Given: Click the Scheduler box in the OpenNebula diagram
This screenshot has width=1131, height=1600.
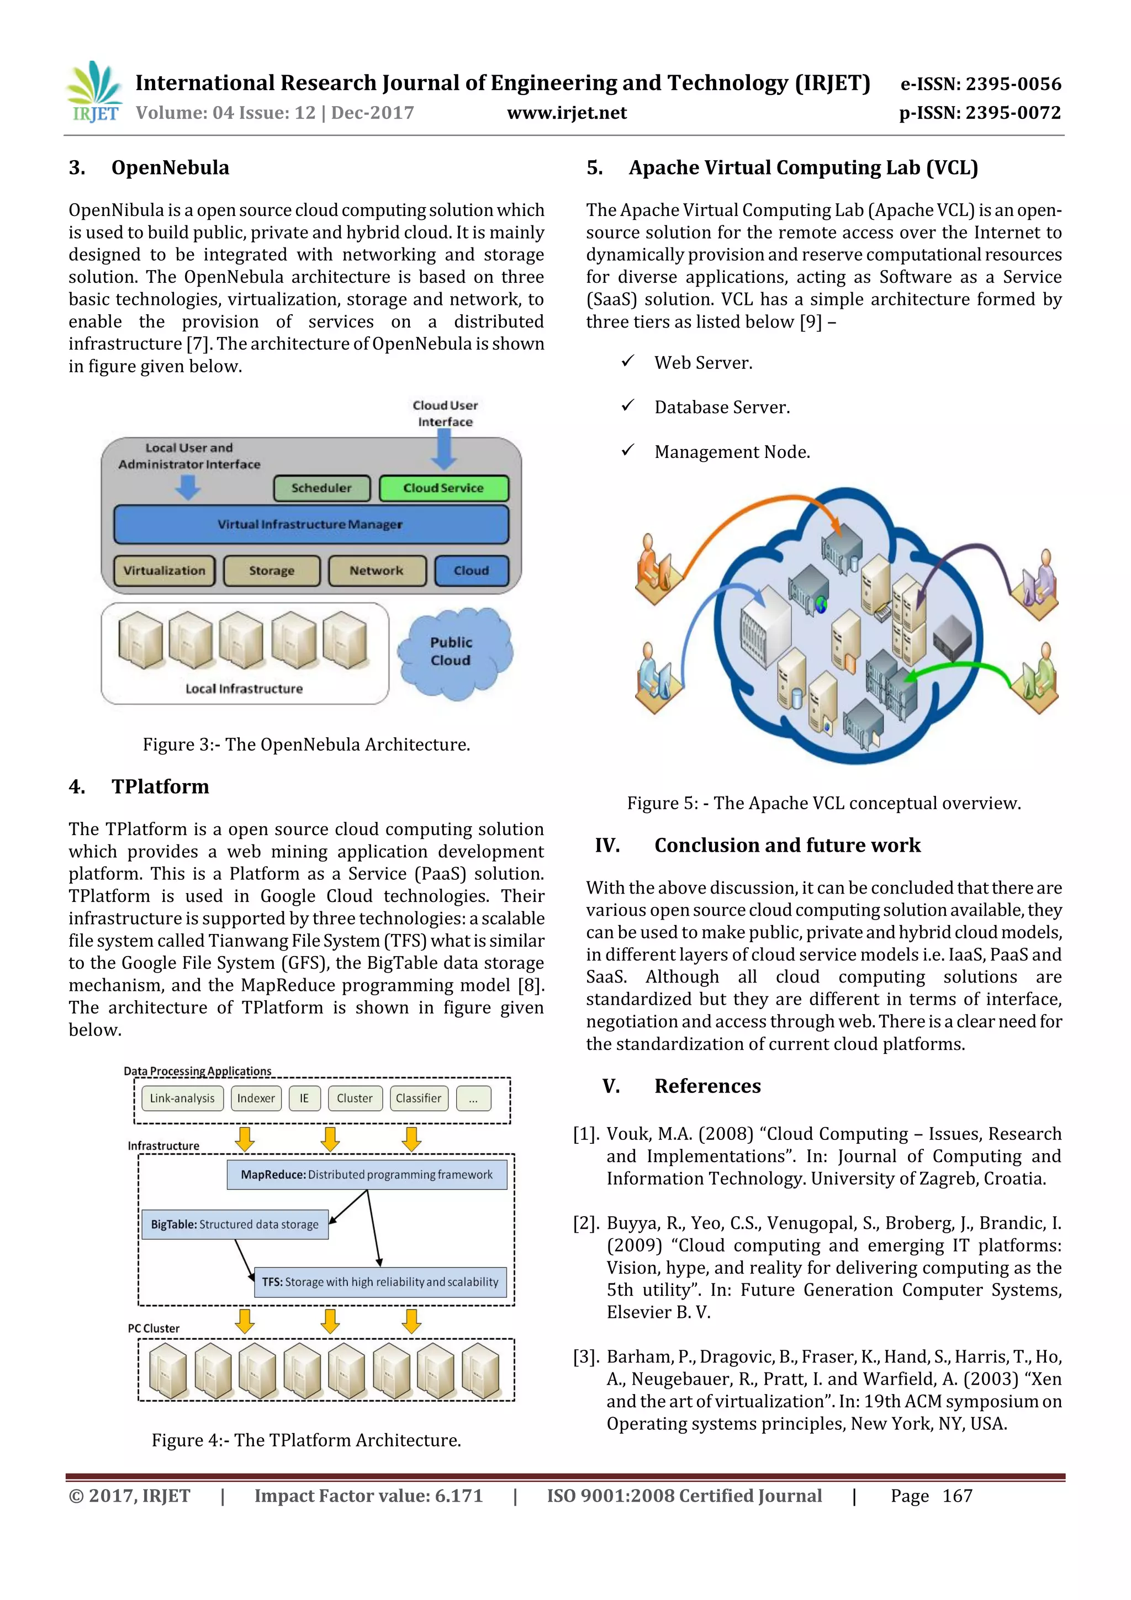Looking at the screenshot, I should coord(321,488).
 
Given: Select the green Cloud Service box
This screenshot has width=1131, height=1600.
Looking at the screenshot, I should coord(443,488).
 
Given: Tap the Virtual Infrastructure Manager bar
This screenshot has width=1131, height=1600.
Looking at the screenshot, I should coord(310,525).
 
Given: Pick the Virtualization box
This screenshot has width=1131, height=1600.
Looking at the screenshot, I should coord(165,571).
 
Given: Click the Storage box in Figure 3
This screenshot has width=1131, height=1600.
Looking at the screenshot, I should coord(272,571).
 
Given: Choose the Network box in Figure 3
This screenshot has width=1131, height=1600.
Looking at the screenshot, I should coord(376,571).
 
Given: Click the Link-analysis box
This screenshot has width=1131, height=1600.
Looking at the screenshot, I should coord(183,1099).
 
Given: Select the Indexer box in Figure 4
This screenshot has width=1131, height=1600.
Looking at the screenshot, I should coord(256,1099).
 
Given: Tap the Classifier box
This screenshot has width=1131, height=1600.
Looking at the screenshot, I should coord(418,1099).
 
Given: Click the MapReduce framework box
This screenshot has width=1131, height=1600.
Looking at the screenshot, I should coord(367,1175).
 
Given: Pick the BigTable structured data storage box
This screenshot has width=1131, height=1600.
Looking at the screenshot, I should coord(235,1224).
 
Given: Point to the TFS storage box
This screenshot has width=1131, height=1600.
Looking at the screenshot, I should coord(380,1282).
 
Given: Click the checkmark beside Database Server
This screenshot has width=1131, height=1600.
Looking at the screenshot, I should coord(628,405).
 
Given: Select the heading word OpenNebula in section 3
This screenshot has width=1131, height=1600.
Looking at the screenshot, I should coord(170,168).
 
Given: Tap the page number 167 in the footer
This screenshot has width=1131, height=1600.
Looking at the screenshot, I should coord(957,1496).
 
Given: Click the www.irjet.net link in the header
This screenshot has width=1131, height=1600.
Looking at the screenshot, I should coord(567,113).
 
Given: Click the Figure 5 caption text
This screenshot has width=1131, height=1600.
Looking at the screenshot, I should coord(824,804).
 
